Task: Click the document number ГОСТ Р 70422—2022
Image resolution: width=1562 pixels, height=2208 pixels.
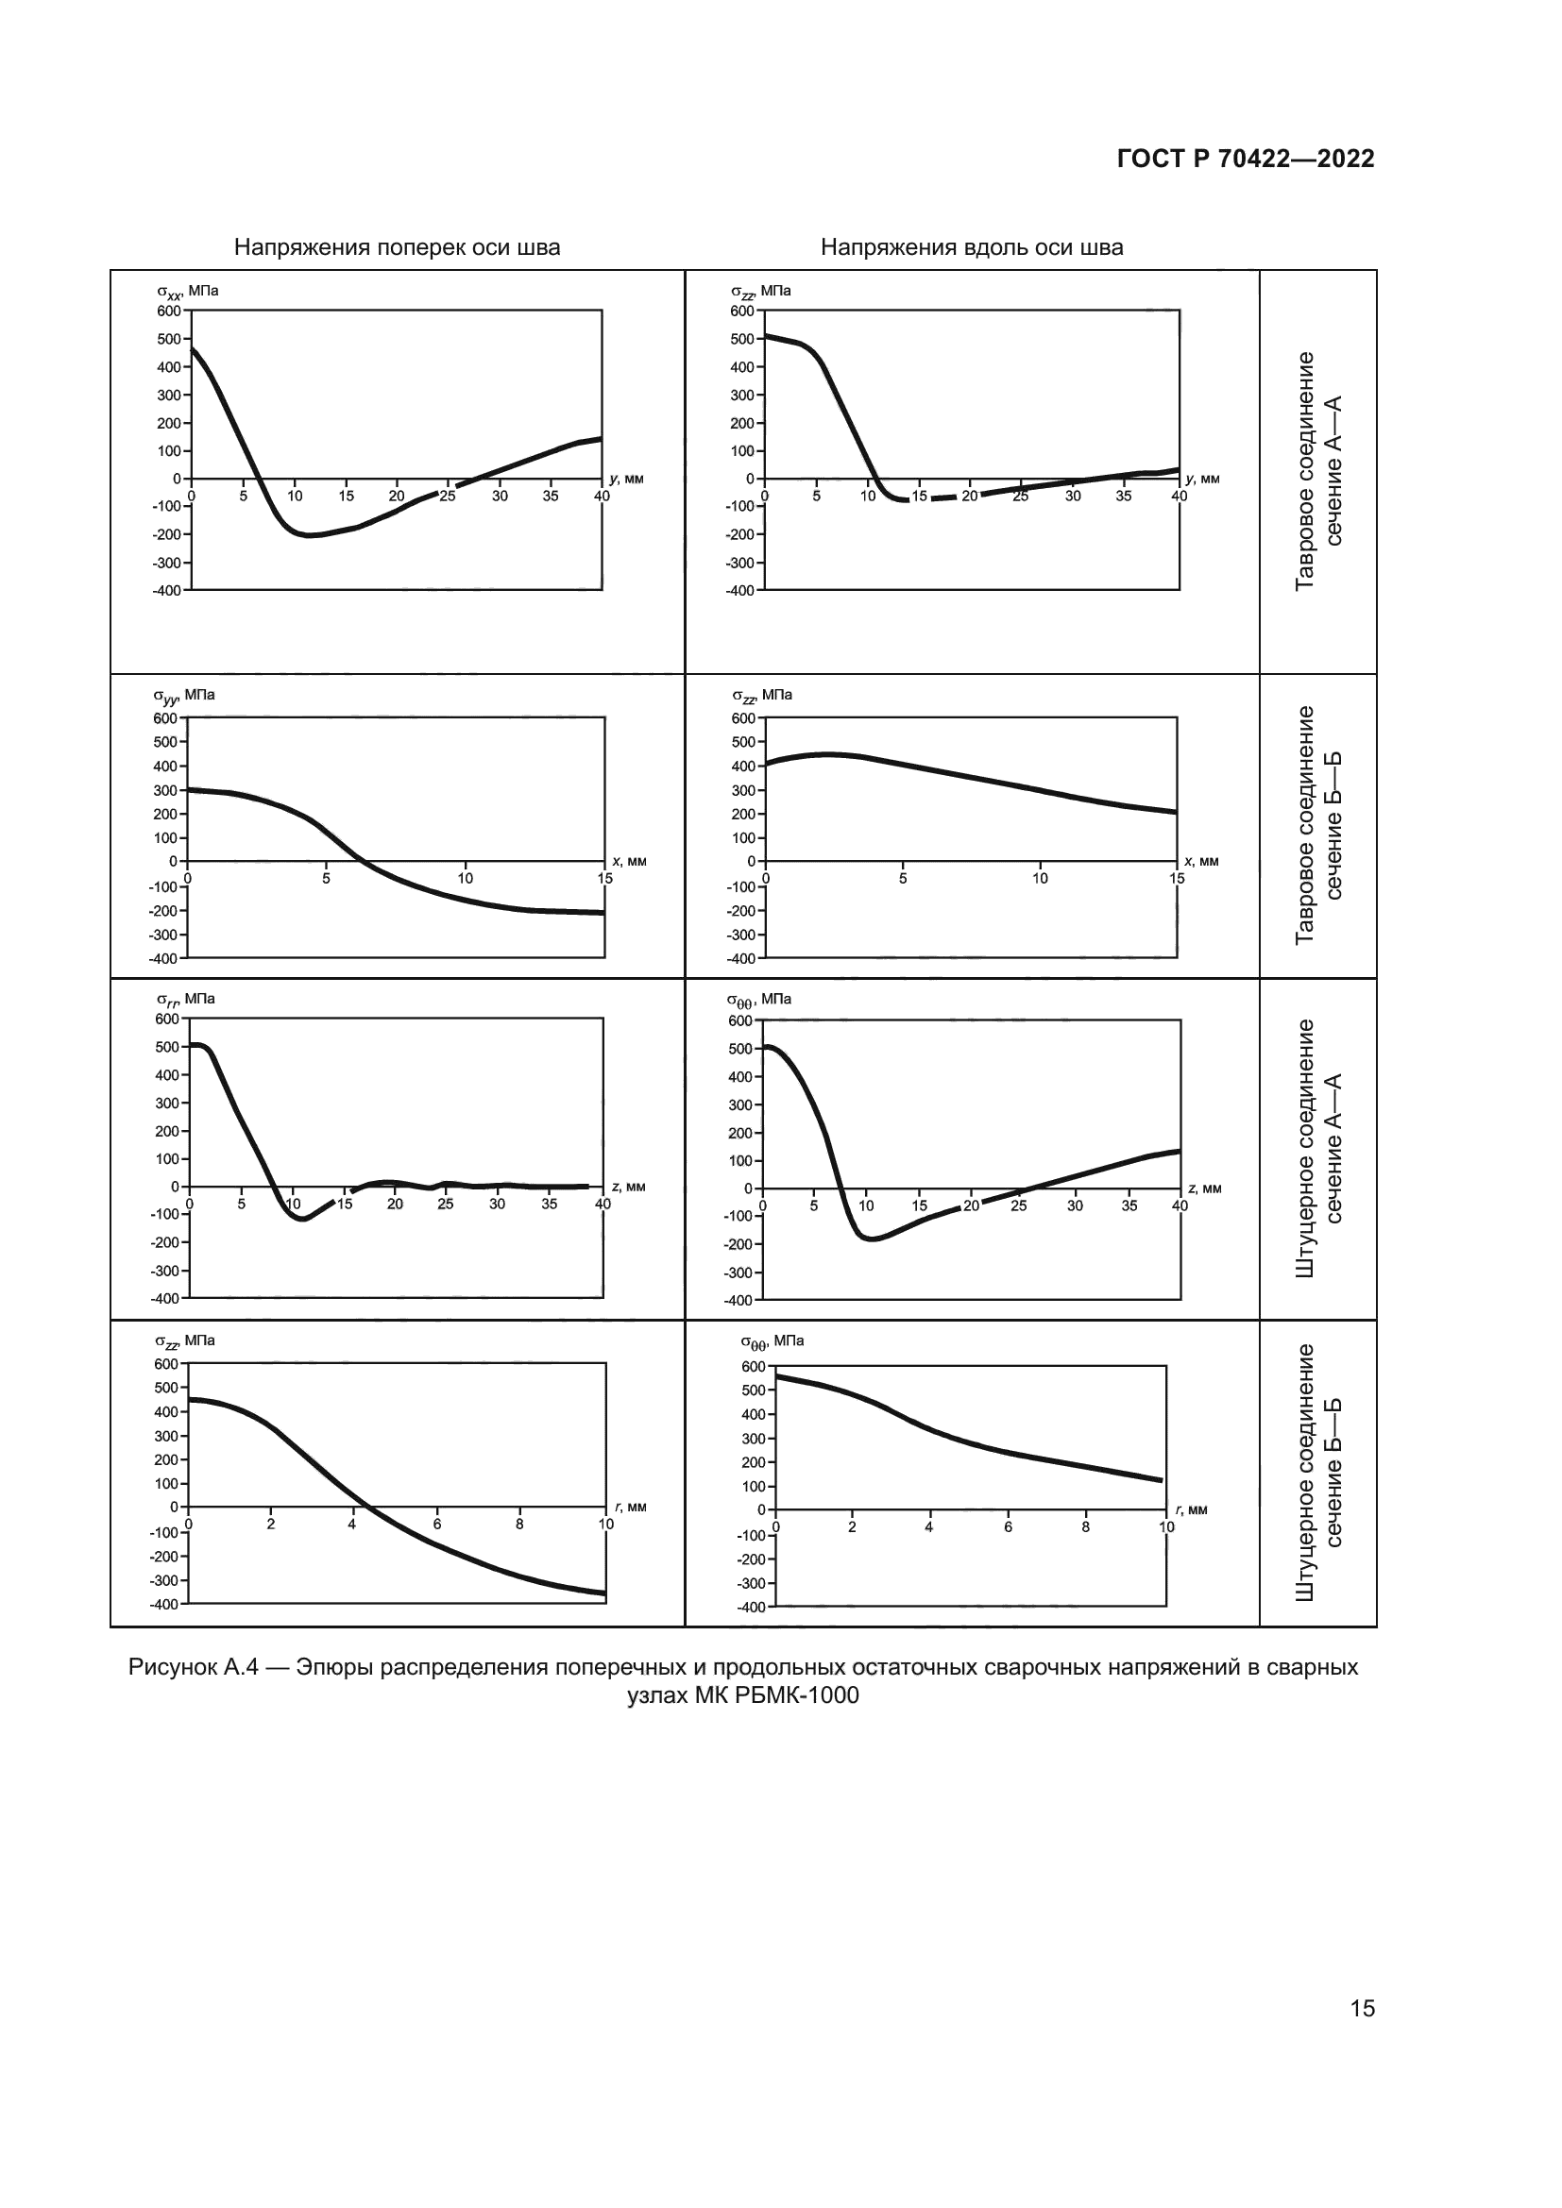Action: [x=1246, y=159]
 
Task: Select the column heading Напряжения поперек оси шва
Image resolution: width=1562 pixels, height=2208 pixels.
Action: [x=398, y=248]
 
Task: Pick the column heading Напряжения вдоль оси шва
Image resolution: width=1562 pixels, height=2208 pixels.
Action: [x=972, y=248]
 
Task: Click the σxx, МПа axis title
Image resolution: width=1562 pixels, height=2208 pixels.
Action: [x=188, y=292]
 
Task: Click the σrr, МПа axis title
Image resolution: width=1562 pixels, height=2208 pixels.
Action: [x=186, y=999]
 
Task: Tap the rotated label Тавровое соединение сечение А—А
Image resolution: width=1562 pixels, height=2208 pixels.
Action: [x=1317, y=471]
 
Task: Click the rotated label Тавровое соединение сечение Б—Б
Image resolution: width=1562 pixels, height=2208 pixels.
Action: [x=1317, y=825]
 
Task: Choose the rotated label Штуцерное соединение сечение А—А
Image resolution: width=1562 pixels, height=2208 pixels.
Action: [x=1317, y=1148]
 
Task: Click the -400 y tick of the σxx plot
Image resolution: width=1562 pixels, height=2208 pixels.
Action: [x=167, y=590]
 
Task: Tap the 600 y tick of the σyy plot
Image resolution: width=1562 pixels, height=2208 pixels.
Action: [x=165, y=718]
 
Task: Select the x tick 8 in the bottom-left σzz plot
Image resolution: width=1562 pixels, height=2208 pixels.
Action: [x=519, y=1525]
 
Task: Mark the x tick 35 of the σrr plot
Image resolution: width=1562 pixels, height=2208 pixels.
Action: [x=550, y=1204]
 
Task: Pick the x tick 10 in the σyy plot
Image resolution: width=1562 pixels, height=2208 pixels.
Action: [x=466, y=879]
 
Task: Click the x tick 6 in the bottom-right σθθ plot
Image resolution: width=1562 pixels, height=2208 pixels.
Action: [x=1008, y=1527]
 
